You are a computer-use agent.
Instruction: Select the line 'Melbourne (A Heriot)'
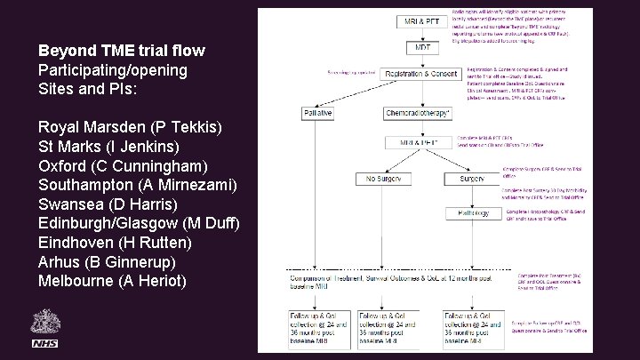point(113,281)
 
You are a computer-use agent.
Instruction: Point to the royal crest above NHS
point(44,322)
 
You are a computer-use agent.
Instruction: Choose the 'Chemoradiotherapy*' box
point(418,113)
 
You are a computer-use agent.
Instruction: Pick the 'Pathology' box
point(475,213)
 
